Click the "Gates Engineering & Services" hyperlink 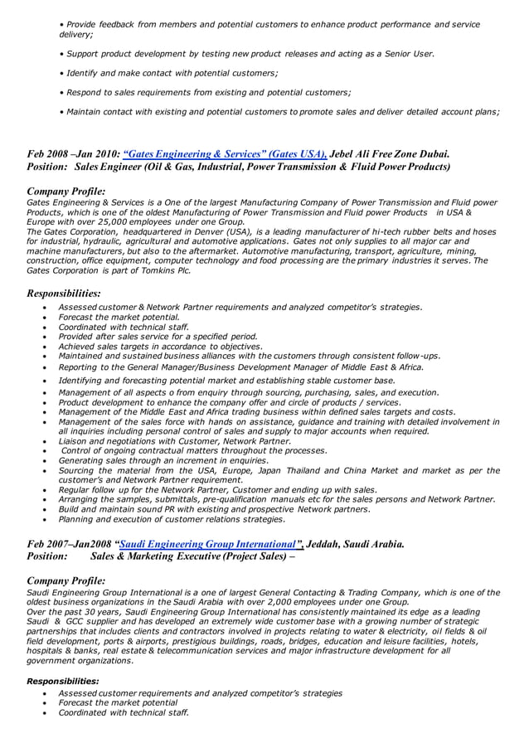[x=224, y=153]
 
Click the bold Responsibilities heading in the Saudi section [x=63, y=681]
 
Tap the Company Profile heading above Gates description [x=66, y=192]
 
